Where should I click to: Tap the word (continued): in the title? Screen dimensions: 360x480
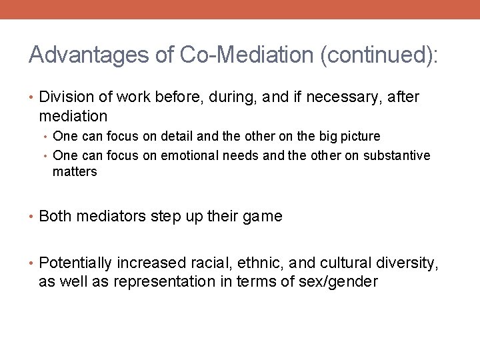(379, 55)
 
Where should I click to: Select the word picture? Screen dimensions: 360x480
(359, 137)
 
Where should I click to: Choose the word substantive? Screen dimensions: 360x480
(397, 155)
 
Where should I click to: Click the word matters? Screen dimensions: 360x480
(75, 171)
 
